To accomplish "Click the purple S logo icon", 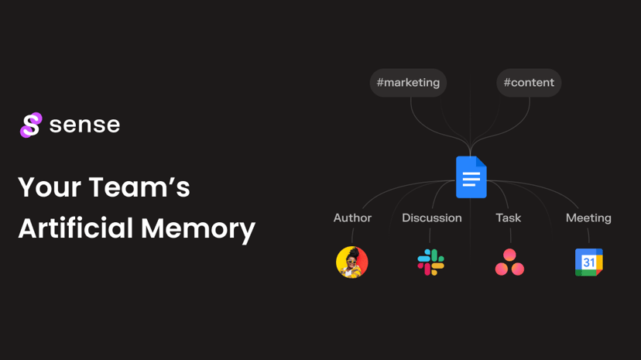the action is coord(31,125).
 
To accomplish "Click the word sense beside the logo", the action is coord(84,125).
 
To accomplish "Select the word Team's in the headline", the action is coord(139,187).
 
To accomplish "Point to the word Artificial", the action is coord(76,228).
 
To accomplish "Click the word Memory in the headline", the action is coord(198,229).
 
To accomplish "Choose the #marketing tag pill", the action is coord(408,83).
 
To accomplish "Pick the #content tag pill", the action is coord(529,83).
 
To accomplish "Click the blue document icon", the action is coord(471,177).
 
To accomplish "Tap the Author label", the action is coord(352,218).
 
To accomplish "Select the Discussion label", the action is coord(432,218).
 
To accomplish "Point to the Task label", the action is coord(508,218).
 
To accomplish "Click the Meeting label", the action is coord(588,218).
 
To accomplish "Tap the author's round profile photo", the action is coord(352,262).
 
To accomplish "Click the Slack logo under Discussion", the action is coord(431,262).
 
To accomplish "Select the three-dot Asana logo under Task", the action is coord(509,262).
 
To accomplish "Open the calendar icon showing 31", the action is coord(588,262).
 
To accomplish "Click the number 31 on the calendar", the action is coord(588,262).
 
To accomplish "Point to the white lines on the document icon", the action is coord(471,179).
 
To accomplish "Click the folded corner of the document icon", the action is coord(482,161).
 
